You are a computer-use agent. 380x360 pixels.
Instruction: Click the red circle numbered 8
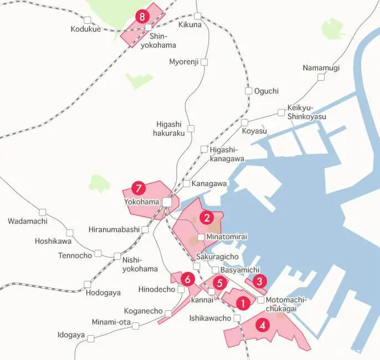pyautogui.click(x=143, y=16)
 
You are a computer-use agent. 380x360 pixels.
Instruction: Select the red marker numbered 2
pyautogui.click(x=207, y=217)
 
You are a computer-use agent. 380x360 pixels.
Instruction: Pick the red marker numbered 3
pyautogui.click(x=259, y=282)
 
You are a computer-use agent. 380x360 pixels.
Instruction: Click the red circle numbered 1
pyautogui.click(x=242, y=304)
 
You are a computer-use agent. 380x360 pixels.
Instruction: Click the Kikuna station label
pyautogui.click(x=190, y=25)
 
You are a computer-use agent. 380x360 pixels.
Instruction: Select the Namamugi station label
pyautogui.click(x=321, y=68)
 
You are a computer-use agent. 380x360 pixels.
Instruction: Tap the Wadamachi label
pyautogui.click(x=28, y=221)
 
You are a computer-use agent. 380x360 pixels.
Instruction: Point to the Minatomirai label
pyautogui.click(x=227, y=237)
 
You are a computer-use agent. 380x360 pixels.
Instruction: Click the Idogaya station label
pyautogui.click(x=71, y=335)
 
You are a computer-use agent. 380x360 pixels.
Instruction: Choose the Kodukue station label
pyautogui.click(x=86, y=29)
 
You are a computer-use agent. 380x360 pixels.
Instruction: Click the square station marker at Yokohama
pyautogui.click(x=167, y=202)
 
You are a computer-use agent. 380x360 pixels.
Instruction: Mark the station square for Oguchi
pyautogui.click(x=249, y=91)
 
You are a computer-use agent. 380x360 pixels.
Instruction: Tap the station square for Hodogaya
pyautogui.click(x=88, y=284)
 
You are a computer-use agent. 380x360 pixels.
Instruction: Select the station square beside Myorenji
pyautogui.click(x=204, y=62)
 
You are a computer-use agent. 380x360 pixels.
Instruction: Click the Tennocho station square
pyautogui.click(x=98, y=253)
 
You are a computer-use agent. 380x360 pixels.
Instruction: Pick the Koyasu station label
pyautogui.click(x=254, y=131)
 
